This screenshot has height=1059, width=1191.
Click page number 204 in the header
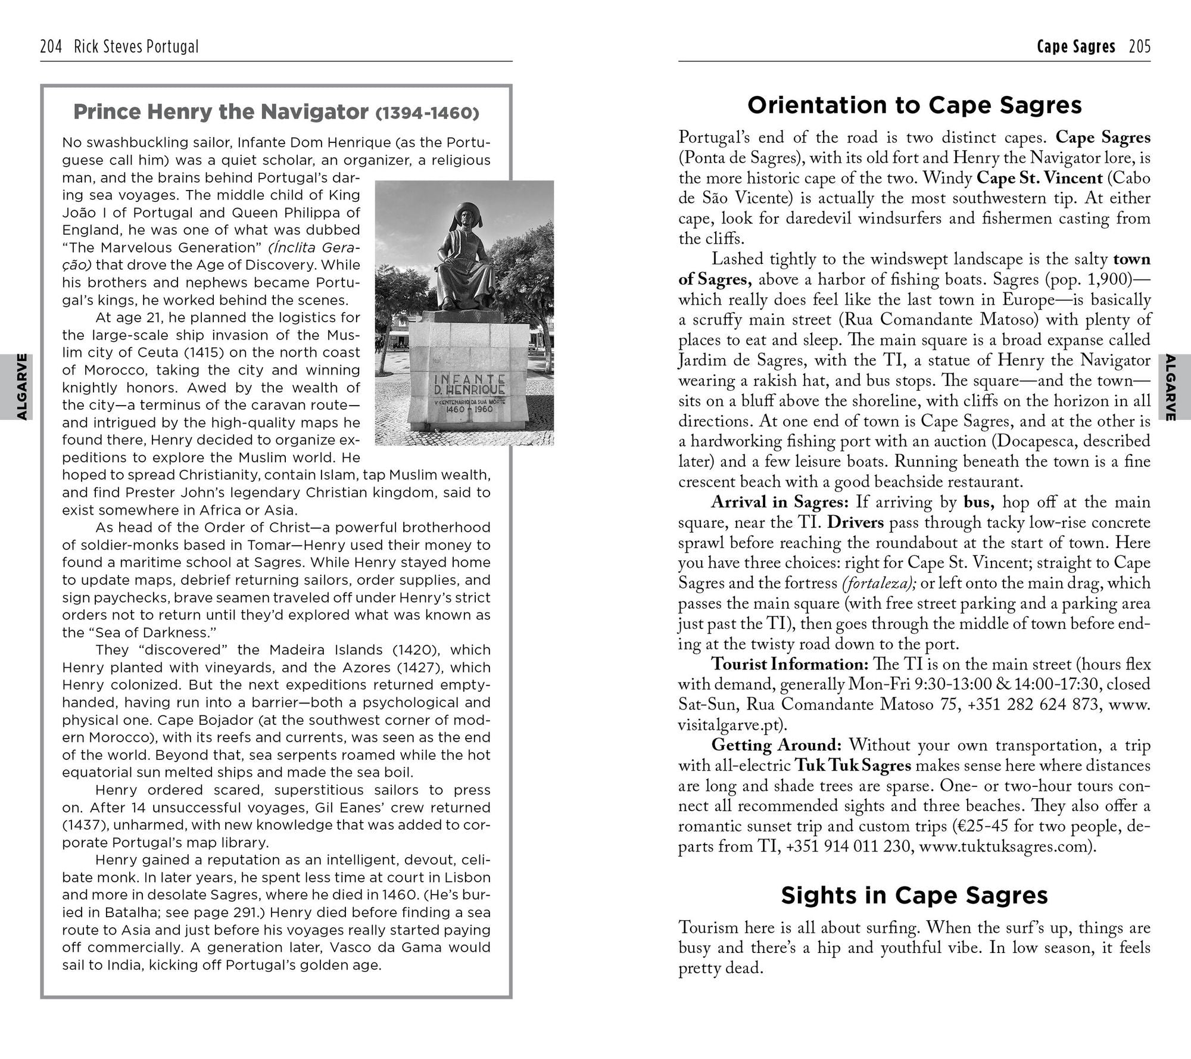(51, 46)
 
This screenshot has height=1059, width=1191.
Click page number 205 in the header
(1140, 46)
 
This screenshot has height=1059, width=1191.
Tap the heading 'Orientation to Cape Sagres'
(914, 105)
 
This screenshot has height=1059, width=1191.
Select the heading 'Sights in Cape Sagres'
(914, 895)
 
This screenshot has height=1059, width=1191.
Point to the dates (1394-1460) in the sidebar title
(428, 113)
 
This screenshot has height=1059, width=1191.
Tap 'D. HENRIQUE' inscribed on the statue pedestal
(470, 390)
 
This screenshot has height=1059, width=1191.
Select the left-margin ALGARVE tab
(21, 387)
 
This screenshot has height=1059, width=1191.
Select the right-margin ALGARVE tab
(1170, 387)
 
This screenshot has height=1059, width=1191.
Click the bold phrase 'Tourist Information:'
(790, 664)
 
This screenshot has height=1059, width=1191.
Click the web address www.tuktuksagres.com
(1003, 846)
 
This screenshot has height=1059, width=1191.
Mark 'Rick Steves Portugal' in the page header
(136, 46)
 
